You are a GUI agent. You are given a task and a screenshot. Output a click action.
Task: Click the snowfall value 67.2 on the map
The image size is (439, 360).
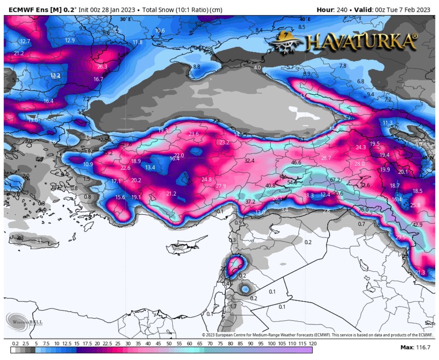click(x=335, y=180)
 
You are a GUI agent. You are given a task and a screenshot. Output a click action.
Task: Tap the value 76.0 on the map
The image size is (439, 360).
click(x=363, y=209)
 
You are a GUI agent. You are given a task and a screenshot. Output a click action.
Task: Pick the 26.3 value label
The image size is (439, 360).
click(x=102, y=67)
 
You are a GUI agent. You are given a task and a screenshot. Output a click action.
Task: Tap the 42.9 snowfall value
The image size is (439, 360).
click(x=417, y=224)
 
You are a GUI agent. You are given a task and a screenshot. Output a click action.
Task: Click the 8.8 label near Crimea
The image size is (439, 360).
click(x=196, y=67)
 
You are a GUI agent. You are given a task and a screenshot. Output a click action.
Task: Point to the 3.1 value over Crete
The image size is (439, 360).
click(x=38, y=242)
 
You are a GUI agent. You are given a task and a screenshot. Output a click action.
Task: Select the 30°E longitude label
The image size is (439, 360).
click(x=125, y=19)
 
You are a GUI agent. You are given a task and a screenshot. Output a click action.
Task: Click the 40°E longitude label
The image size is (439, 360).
click(x=304, y=19)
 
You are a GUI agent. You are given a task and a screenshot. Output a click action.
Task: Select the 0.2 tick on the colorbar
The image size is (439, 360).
click(x=15, y=344)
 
